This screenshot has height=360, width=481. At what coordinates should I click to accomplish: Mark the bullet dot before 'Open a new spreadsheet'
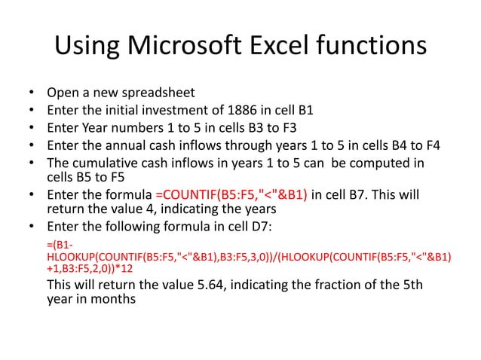click(32, 94)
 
